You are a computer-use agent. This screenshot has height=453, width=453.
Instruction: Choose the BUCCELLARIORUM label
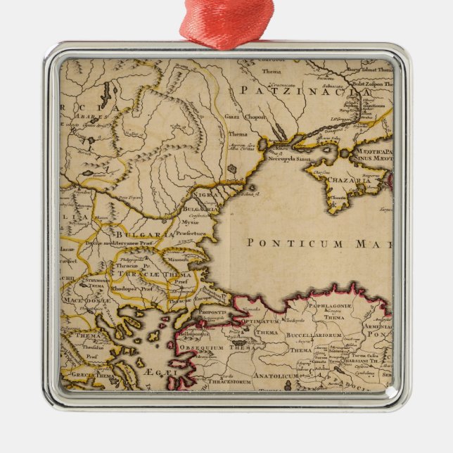pos(314,336)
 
